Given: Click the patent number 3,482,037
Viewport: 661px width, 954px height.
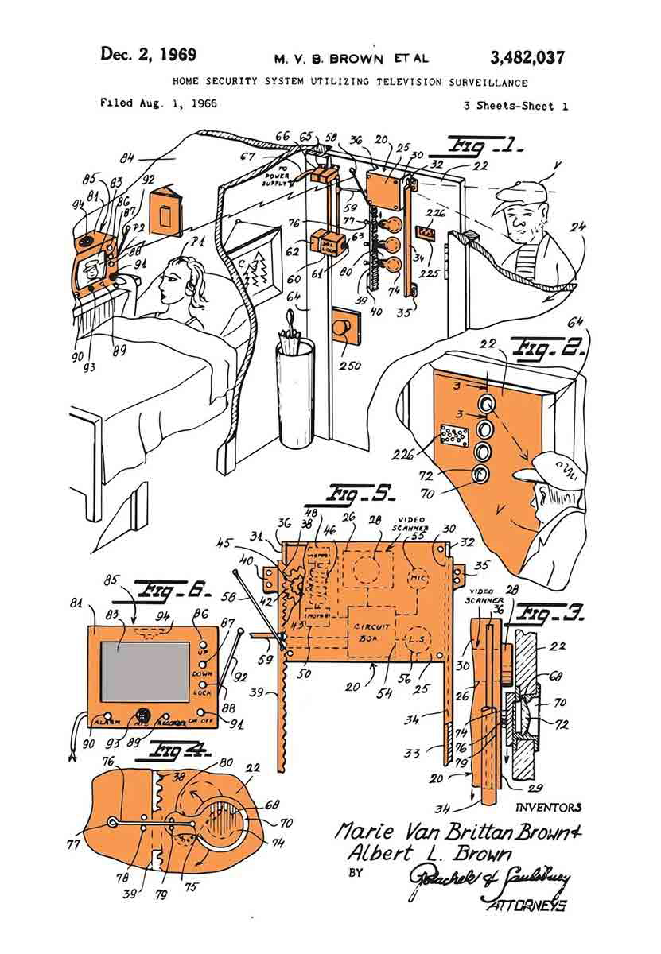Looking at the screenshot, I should click(x=528, y=56).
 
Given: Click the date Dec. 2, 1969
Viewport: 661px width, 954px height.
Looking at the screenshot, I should click(x=149, y=55).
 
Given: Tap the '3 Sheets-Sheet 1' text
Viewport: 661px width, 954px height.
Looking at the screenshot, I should click(x=515, y=106).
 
